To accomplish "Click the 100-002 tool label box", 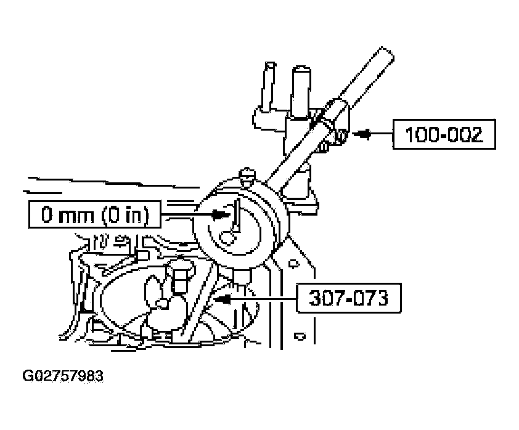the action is point(444,134).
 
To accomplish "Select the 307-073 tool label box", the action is point(348,298).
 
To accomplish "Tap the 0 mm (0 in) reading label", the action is point(95,214).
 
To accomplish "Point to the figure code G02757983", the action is point(63,376).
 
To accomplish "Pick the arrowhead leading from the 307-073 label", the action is point(223,299).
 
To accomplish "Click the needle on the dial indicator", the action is point(237,216).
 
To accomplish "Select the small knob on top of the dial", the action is point(247,175).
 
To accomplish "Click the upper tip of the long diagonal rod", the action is point(387,52).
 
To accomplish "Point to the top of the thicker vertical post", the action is point(301,70).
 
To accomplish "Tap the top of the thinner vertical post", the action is point(271,64).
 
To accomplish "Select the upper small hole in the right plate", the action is point(293,264).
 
